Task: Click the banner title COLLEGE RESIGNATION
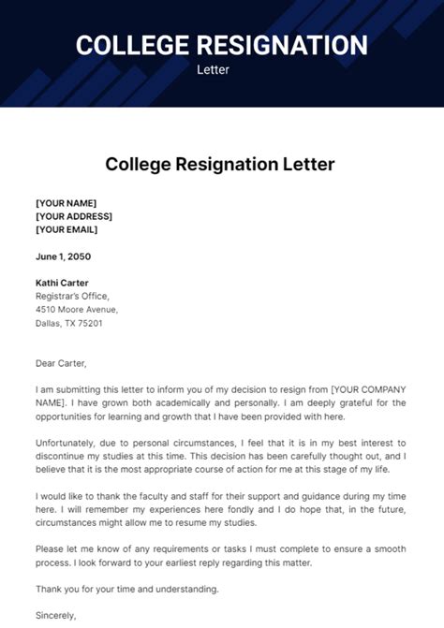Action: [221, 44]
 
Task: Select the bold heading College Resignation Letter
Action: [220, 165]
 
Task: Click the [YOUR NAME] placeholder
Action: [66, 203]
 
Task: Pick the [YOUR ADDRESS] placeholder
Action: [73, 216]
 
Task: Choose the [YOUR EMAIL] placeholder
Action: [67, 229]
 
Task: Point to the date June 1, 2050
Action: [64, 256]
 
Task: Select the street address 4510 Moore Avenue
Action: [77, 309]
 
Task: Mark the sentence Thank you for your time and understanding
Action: [127, 589]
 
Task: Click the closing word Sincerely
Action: [56, 616]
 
